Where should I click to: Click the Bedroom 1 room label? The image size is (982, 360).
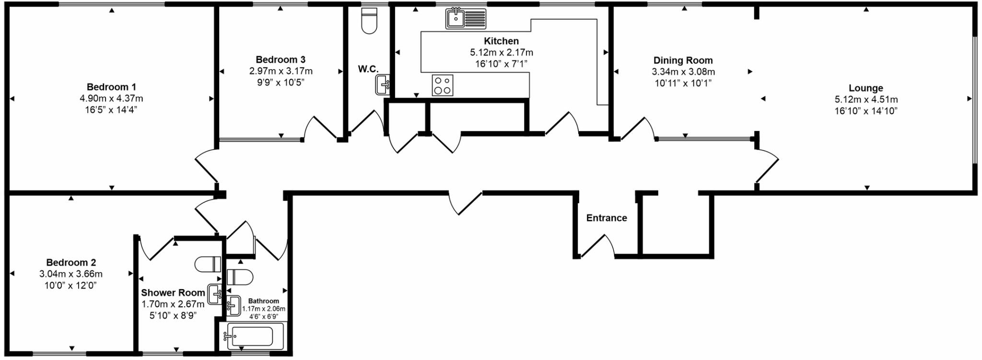tap(111, 87)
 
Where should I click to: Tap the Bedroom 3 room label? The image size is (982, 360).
tap(281, 59)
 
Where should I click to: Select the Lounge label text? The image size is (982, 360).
tap(865, 88)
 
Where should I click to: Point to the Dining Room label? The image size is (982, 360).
tap(683, 60)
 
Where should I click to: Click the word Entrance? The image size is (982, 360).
tap(607, 218)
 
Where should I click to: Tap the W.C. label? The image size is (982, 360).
tap(368, 69)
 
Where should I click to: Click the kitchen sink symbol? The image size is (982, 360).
tap(466, 19)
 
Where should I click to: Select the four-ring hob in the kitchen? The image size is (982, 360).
tap(442, 85)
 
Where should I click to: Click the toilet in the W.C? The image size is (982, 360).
tap(369, 22)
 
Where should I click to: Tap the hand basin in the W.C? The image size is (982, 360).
tap(383, 85)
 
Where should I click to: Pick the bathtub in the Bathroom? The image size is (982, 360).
tap(251, 336)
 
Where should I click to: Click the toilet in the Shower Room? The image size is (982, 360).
tap(208, 264)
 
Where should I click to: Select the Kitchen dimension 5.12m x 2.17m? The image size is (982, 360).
tap(501, 52)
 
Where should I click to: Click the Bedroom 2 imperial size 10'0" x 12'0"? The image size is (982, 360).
tap(71, 286)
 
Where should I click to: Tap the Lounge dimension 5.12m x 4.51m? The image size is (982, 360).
tap(866, 100)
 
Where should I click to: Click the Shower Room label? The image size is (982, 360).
tap(173, 293)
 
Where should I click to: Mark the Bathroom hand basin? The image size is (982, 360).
tap(234, 306)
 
